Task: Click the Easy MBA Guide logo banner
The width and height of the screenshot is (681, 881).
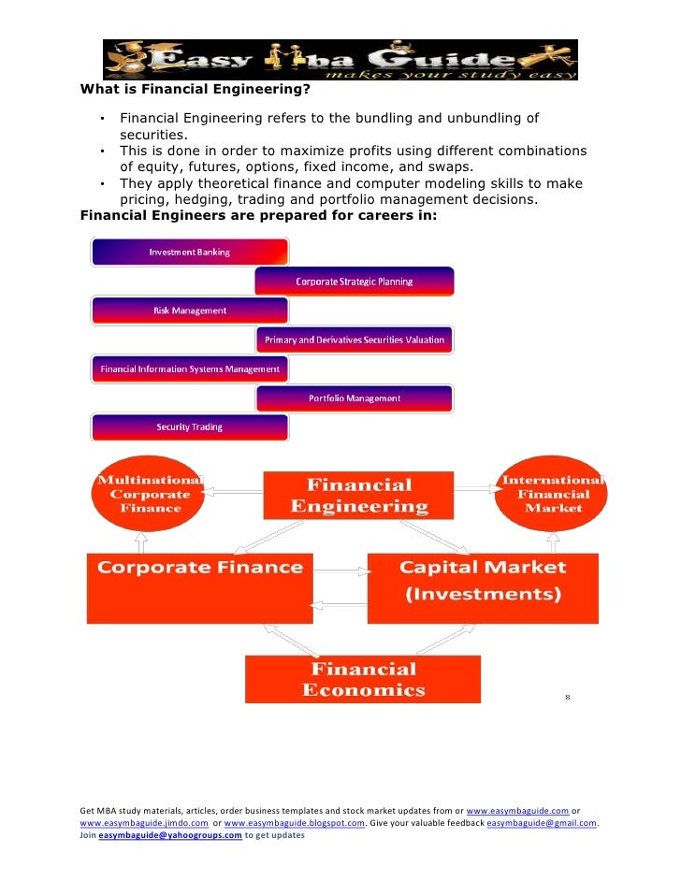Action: pos(340,60)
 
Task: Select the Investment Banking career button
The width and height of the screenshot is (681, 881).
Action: pos(190,253)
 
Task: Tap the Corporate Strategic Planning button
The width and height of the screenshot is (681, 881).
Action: pos(355,282)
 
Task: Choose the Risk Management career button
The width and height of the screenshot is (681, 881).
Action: pos(190,311)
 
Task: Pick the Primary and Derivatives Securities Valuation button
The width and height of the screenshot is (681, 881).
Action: pos(355,339)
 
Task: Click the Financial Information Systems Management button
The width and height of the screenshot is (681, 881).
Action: pos(190,369)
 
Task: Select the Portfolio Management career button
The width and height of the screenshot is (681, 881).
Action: pos(355,398)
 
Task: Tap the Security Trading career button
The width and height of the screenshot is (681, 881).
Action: pos(190,427)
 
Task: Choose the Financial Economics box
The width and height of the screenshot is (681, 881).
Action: pos(363,680)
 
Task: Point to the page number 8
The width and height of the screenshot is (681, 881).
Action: pos(567,697)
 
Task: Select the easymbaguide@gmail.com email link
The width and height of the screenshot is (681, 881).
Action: pos(542,823)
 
